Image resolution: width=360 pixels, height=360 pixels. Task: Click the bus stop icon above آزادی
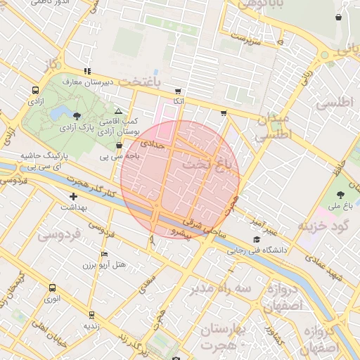pos(35,91)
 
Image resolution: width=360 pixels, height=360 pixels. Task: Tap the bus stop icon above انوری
pos(51,288)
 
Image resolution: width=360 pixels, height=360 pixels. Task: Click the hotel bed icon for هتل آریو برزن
pos(104,254)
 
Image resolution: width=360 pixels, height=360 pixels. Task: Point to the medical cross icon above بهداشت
pos(72,196)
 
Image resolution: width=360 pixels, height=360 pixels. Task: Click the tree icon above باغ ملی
pos(341,195)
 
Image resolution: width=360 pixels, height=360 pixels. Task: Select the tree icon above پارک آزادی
pos(77,116)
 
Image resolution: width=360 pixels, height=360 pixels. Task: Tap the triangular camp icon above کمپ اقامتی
pos(118,111)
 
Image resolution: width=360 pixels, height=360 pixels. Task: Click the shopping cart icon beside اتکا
pos(178,91)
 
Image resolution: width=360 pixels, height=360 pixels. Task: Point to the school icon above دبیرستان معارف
pos(87,71)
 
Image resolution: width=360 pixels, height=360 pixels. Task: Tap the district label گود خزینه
pos(323,226)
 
